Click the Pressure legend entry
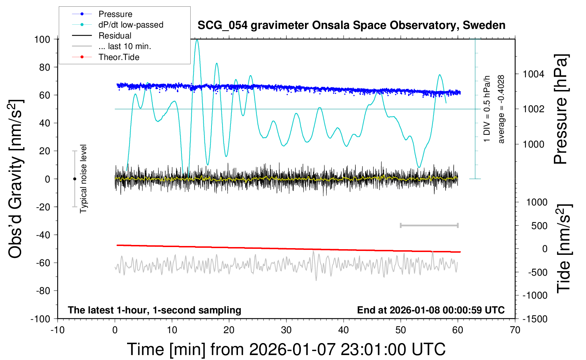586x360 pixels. (115, 14)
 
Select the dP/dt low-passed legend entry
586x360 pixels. (131, 25)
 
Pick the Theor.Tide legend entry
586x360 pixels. (119, 57)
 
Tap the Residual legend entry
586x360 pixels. (115, 36)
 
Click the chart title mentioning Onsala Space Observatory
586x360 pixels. (351, 25)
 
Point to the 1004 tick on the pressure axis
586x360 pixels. (533, 74)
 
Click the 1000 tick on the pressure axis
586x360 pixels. (533, 144)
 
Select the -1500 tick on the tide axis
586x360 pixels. (535, 319)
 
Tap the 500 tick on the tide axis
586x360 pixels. (539, 226)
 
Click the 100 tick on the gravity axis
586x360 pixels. (42, 39)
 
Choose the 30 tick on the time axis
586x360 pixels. (286, 330)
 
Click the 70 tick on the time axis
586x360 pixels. (515, 330)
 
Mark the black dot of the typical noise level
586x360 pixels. (74, 179)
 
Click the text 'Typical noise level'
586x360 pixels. (83, 179)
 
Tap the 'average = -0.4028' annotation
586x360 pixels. (501, 109)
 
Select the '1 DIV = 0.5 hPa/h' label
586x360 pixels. (487, 109)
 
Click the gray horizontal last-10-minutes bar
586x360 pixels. (429, 225)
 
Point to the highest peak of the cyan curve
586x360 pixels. (197, 40)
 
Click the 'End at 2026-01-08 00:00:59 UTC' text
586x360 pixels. (431, 310)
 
